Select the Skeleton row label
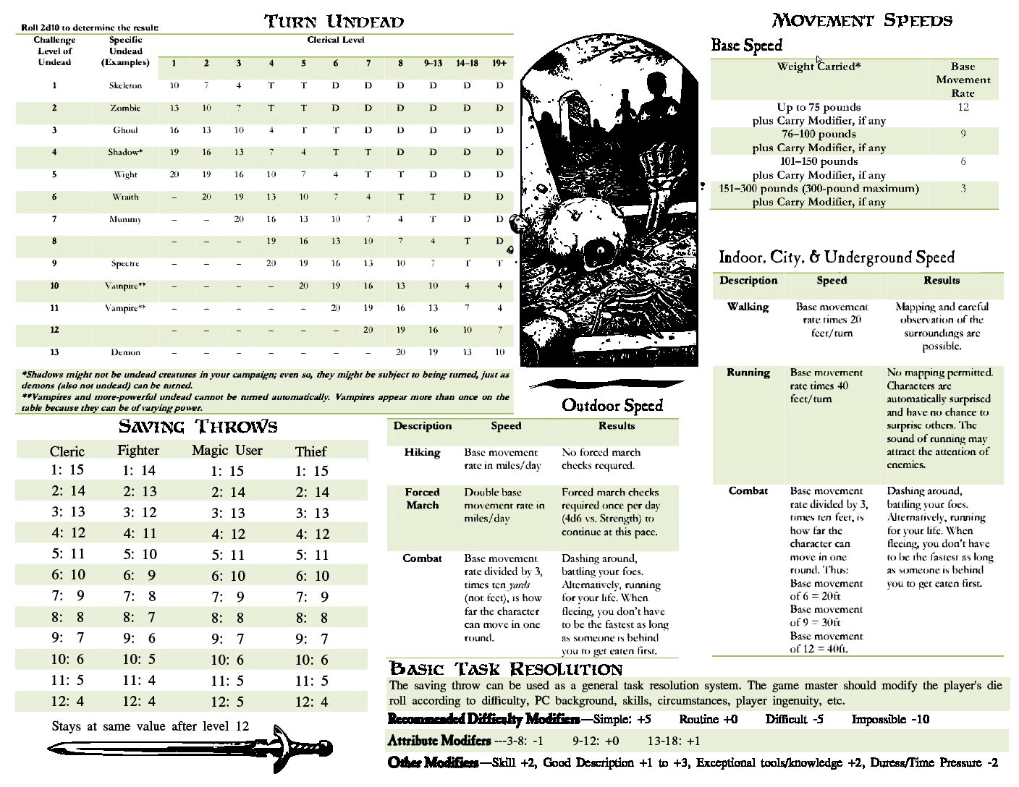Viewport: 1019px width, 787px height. (x=125, y=85)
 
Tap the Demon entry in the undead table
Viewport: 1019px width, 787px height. (x=125, y=352)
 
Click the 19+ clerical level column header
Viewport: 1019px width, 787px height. (x=499, y=63)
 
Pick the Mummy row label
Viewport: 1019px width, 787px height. (x=125, y=219)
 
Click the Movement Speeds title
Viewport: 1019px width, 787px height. (x=862, y=20)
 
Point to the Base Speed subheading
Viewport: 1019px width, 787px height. (x=746, y=46)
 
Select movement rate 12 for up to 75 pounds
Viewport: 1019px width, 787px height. (x=963, y=107)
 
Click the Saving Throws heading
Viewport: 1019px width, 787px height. (x=198, y=426)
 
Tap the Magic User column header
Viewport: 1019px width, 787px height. (x=227, y=451)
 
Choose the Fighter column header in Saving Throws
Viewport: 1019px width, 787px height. (x=138, y=451)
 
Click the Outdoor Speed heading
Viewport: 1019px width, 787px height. (x=612, y=405)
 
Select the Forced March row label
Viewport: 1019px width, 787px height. (x=422, y=498)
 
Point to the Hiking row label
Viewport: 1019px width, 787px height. (x=422, y=452)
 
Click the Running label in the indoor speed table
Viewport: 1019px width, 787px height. (x=748, y=373)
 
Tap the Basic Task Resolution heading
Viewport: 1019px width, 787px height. (x=506, y=668)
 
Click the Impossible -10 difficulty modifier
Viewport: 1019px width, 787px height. (x=890, y=719)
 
